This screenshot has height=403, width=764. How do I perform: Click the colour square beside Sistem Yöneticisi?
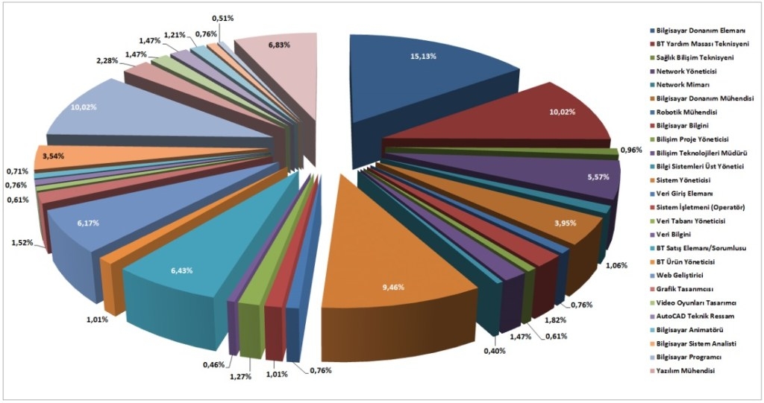[653, 180]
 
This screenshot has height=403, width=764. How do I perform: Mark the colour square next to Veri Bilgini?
[653, 235]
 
